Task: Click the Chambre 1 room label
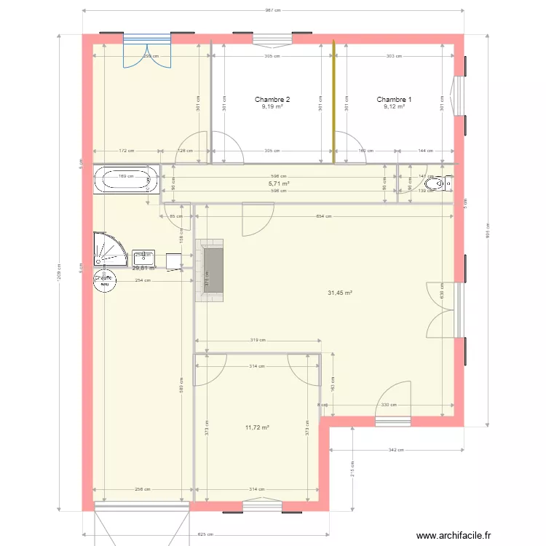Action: [394, 100]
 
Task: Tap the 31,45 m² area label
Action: [340, 293]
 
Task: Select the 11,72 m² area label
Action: [258, 428]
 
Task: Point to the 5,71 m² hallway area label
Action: [279, 184]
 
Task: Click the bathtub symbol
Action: [126, 179]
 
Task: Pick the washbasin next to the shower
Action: [143, 257]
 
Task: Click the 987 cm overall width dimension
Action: [273, 11]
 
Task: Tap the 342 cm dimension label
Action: [397, 450]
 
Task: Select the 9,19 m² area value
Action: [272, 107]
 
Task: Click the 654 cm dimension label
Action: [324, 216]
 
